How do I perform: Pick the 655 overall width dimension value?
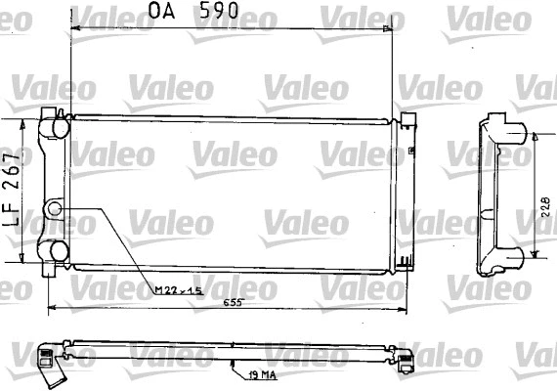coord(232,303)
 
